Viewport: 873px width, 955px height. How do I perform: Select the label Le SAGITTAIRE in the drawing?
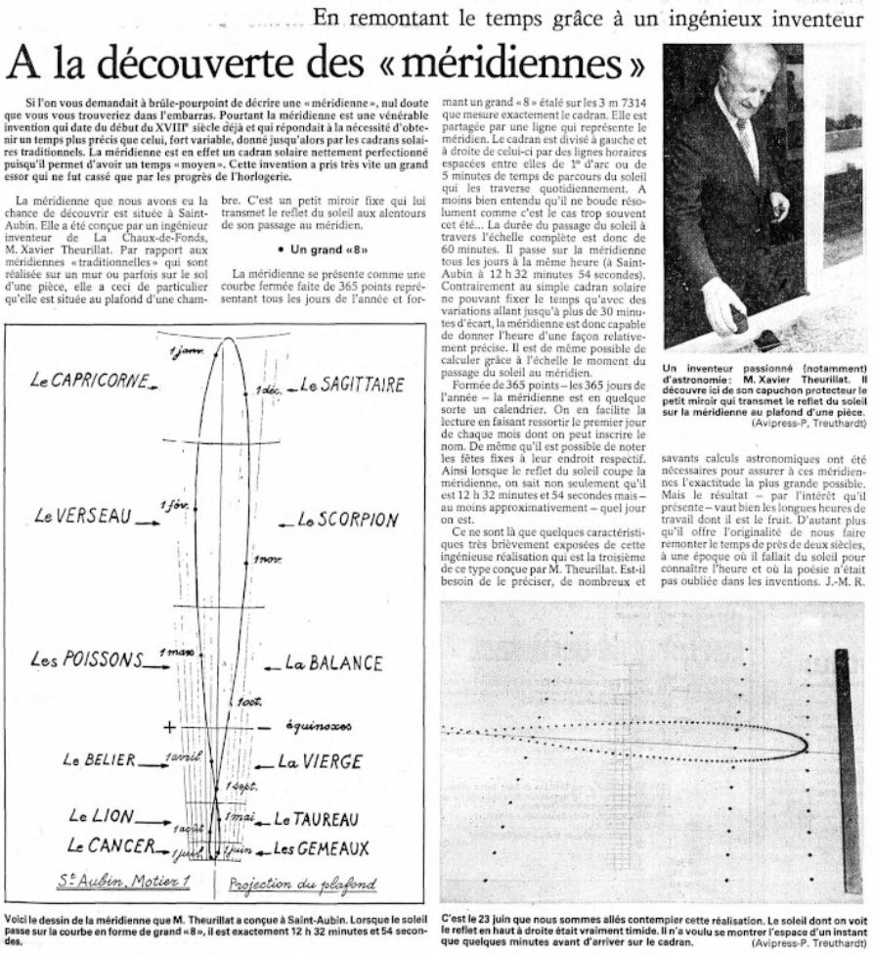pos(352,385)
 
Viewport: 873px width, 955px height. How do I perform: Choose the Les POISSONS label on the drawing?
pos(87,659)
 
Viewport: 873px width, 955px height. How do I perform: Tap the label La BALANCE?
pos(333,663)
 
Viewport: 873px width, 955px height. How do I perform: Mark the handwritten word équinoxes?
pos(314,727)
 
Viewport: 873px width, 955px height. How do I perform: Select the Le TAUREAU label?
pos(316,817)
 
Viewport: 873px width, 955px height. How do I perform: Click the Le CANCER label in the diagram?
pos(109,843)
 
